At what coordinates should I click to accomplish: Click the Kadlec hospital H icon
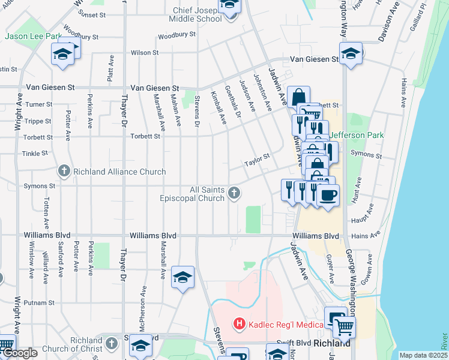pos(240,325)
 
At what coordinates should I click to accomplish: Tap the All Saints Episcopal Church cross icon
pos(235,193)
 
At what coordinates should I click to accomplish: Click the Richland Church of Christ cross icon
pos(111,343)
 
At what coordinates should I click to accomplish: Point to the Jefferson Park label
pos(356,136)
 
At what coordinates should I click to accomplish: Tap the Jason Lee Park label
pos(33,36)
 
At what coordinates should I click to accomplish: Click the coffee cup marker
pos(328,196)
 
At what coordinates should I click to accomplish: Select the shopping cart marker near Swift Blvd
pos(344,327)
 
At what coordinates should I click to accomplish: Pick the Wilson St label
pos(145,53)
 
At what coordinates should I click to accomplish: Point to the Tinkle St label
pos(35,154)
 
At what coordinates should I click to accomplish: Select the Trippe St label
pos(38,121)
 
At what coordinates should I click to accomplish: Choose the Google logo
pos(20,353)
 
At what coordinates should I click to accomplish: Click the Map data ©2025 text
pos(423,355)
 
